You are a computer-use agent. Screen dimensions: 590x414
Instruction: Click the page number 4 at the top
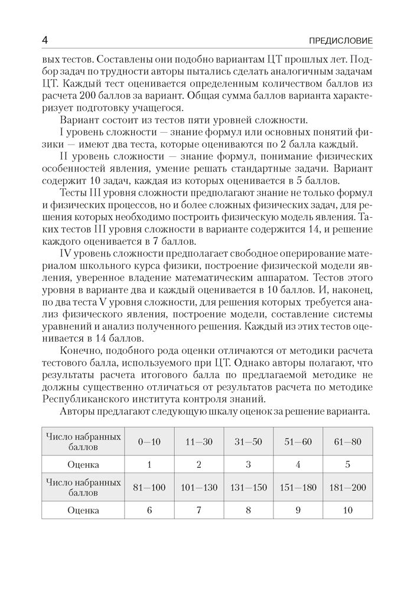(x=45, y=40)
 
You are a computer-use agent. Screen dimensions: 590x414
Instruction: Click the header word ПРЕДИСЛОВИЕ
(x=342, y=41)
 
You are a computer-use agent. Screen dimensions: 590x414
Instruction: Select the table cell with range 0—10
(x=149, y=440)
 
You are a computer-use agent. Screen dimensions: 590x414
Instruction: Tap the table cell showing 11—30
(x=199, y=440)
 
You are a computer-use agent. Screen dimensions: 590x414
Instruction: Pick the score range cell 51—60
(x=298, y=440)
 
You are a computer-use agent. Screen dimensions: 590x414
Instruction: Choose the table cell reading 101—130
(x=199, y=487)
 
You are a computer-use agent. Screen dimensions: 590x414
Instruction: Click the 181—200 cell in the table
(x=347, y=487)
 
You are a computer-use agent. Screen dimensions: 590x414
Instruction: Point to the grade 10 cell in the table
(x=347, y=510)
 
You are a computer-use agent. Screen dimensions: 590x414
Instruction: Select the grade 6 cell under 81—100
(x=149, y=510)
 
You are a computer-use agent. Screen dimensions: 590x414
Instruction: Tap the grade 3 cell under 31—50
(x=249, y=464)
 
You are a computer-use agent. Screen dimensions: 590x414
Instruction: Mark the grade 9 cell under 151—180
(x=298, y=510)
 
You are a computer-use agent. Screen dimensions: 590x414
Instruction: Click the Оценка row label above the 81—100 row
(x=83, y=464)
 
